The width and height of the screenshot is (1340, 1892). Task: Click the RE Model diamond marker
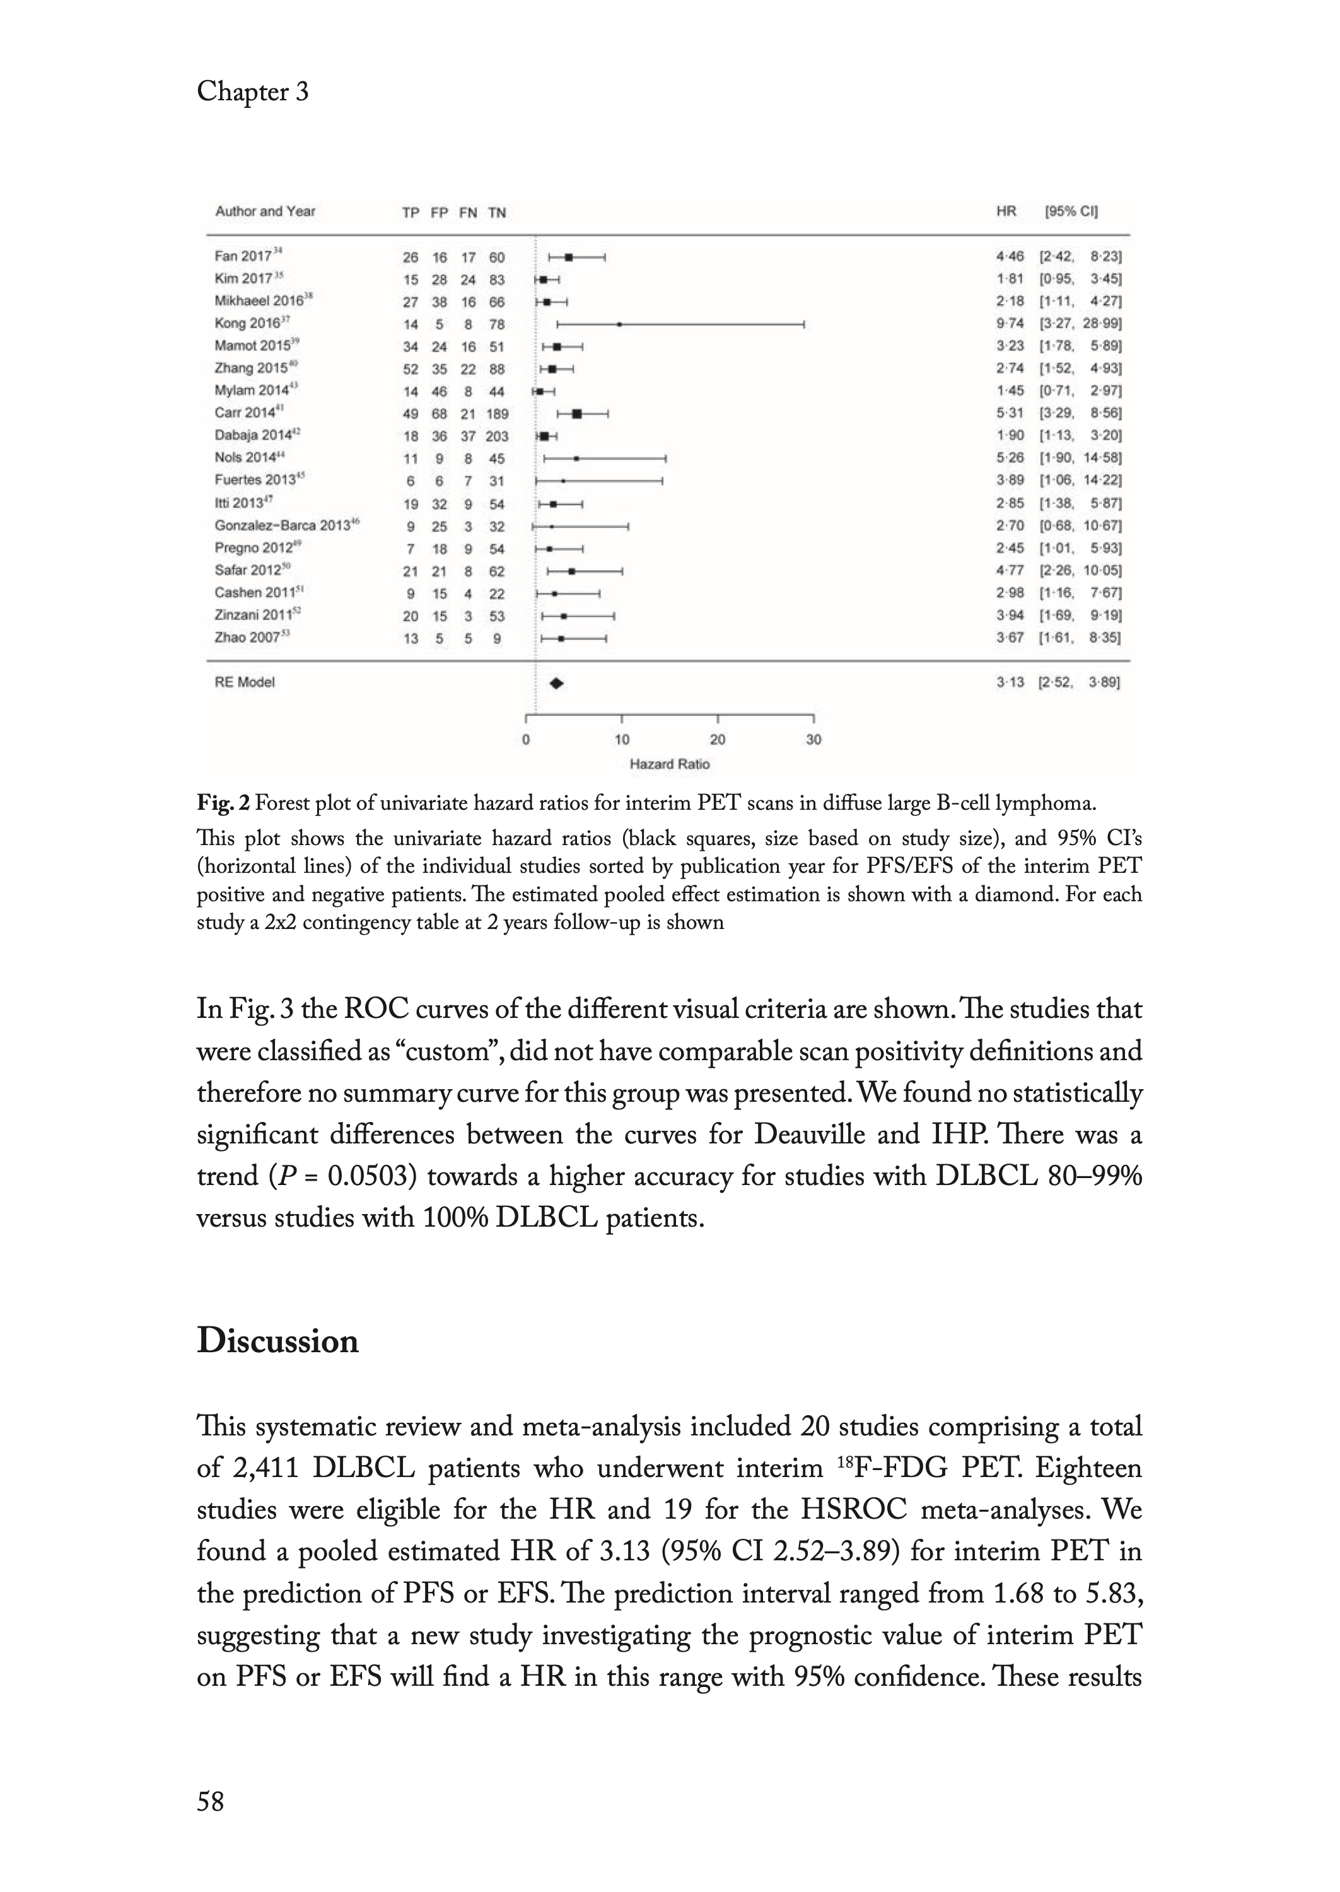557,683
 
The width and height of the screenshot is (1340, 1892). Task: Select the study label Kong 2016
248,324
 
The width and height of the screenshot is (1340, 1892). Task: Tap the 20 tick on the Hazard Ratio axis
718,739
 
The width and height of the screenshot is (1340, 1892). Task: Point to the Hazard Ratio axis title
669,764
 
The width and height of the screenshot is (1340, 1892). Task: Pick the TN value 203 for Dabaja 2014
497,436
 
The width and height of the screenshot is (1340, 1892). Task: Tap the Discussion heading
277,1341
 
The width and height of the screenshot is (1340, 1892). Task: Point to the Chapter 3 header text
252,91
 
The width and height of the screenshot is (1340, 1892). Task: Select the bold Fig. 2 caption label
223,802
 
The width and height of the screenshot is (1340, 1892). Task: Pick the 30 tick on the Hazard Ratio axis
813,739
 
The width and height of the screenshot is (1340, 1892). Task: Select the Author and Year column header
265,211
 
